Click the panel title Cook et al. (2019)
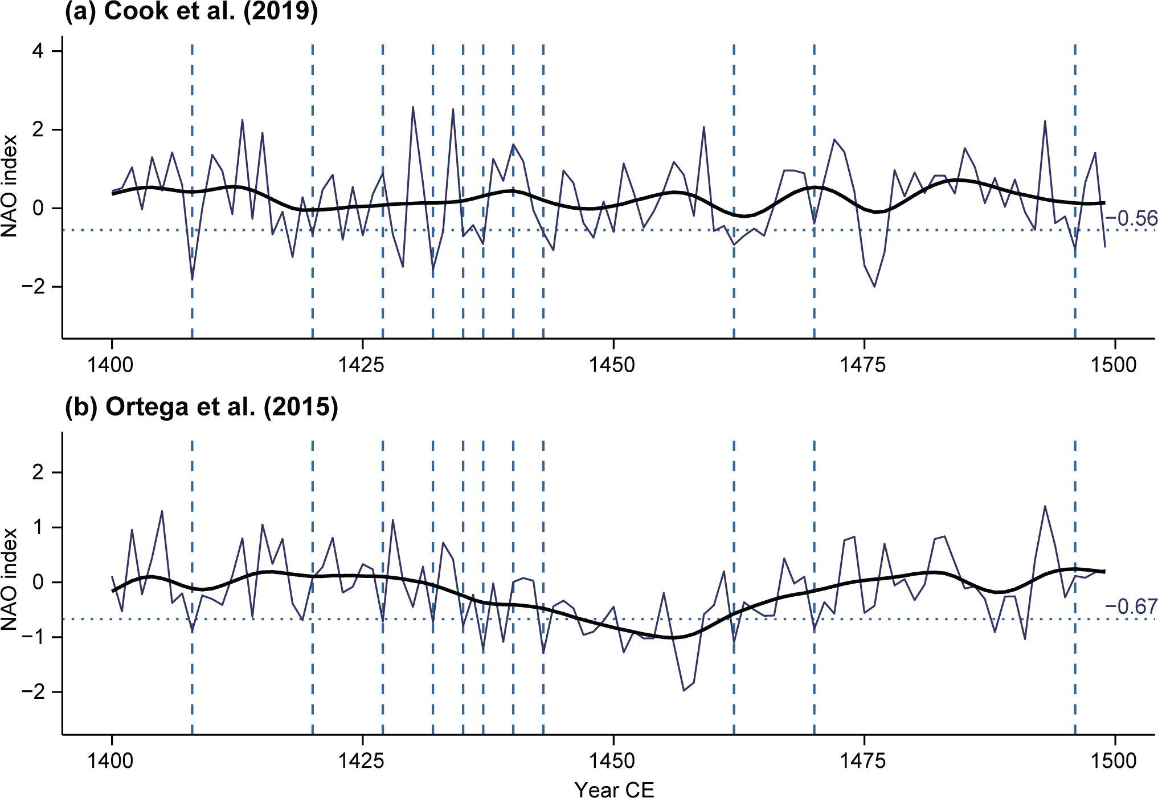point(191,11)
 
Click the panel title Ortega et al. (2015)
point(202,407)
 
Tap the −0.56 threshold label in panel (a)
point(1131,218)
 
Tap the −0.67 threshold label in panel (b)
point(1131,606)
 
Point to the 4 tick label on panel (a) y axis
point(38,51)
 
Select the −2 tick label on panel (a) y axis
point(33,287)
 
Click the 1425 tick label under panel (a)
point(362,365)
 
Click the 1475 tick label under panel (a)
point(864,365)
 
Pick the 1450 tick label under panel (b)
point(613,761)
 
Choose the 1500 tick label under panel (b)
point(1114,761)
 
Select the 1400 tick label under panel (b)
point(111,761)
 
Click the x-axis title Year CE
point(614,789)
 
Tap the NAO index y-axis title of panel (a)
point(10,186)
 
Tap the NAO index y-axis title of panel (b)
point(10,579)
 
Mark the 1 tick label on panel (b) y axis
point(38,528)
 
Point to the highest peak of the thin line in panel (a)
point(413,107)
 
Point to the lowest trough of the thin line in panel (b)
point(684,691)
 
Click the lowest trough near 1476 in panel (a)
point(874,287)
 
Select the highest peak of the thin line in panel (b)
point(1045,506)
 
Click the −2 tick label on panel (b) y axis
point(33,692)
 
